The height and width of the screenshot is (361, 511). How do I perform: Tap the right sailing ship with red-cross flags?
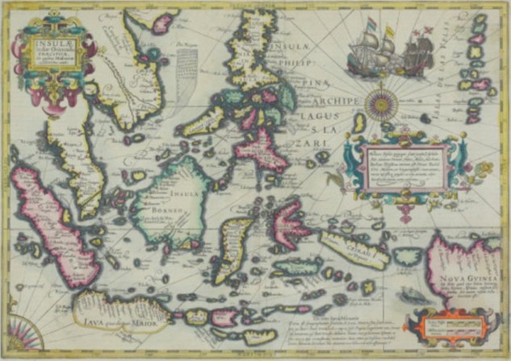418,52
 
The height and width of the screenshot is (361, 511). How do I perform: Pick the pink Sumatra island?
56,226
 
